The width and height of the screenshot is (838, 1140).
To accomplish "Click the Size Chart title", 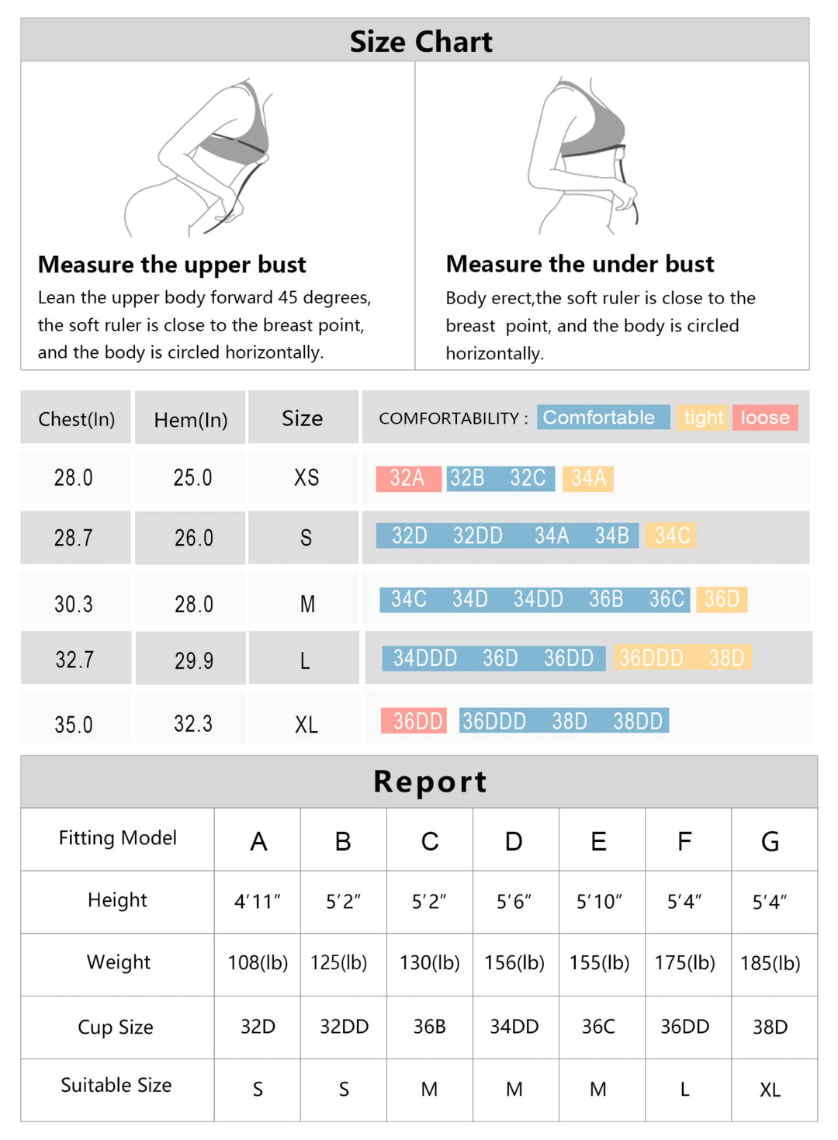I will (421, 41).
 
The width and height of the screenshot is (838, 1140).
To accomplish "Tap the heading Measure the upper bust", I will (171, 265).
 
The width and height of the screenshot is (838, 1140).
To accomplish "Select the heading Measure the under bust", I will (580, 264).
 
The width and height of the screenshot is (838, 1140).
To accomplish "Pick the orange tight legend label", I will (703, 418).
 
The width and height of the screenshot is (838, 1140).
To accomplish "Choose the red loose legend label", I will (764, 418).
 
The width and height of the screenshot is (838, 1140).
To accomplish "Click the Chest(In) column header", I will (76, 419).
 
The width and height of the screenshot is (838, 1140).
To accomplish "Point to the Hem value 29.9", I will (193, 660).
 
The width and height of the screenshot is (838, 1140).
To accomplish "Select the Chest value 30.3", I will (74, 604).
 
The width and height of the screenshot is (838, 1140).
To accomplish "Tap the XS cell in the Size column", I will (306, 477).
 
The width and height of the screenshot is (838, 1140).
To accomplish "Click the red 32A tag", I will (408, 478).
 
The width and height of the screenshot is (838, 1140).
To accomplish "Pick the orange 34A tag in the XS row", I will (588, 478).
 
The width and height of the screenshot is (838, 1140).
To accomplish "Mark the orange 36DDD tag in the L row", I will (650, 658).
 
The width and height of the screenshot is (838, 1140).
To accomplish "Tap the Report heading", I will (430, 781).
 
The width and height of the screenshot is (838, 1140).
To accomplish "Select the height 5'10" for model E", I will (599, 902).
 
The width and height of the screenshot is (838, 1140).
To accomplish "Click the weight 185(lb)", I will (770, 963).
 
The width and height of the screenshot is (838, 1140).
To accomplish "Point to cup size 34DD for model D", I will (514, 1027).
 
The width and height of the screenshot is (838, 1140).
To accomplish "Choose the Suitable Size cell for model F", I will (684, 1090).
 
